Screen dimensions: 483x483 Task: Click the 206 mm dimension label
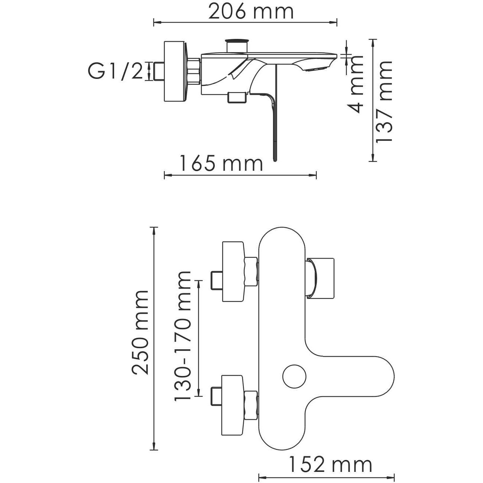click(x=251, y=12)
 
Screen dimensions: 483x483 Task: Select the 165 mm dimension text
click(x=221, y=164)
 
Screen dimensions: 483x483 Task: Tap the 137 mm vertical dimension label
click(x=384, y=101)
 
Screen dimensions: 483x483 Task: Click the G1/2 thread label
click(x=115, y=71)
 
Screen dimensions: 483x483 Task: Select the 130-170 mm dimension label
click(x=183, y=336)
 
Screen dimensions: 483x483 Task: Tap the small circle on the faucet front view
click(x=294, y=376)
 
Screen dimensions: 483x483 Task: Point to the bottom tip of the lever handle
click(x=275, y=159)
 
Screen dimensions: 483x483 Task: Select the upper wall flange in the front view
click(x=233, y=272)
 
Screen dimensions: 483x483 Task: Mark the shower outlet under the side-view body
click(x=237, y=97)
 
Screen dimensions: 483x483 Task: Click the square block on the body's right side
click(x=322, y=277)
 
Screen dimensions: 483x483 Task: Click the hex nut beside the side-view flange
click(x=194, y=71)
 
